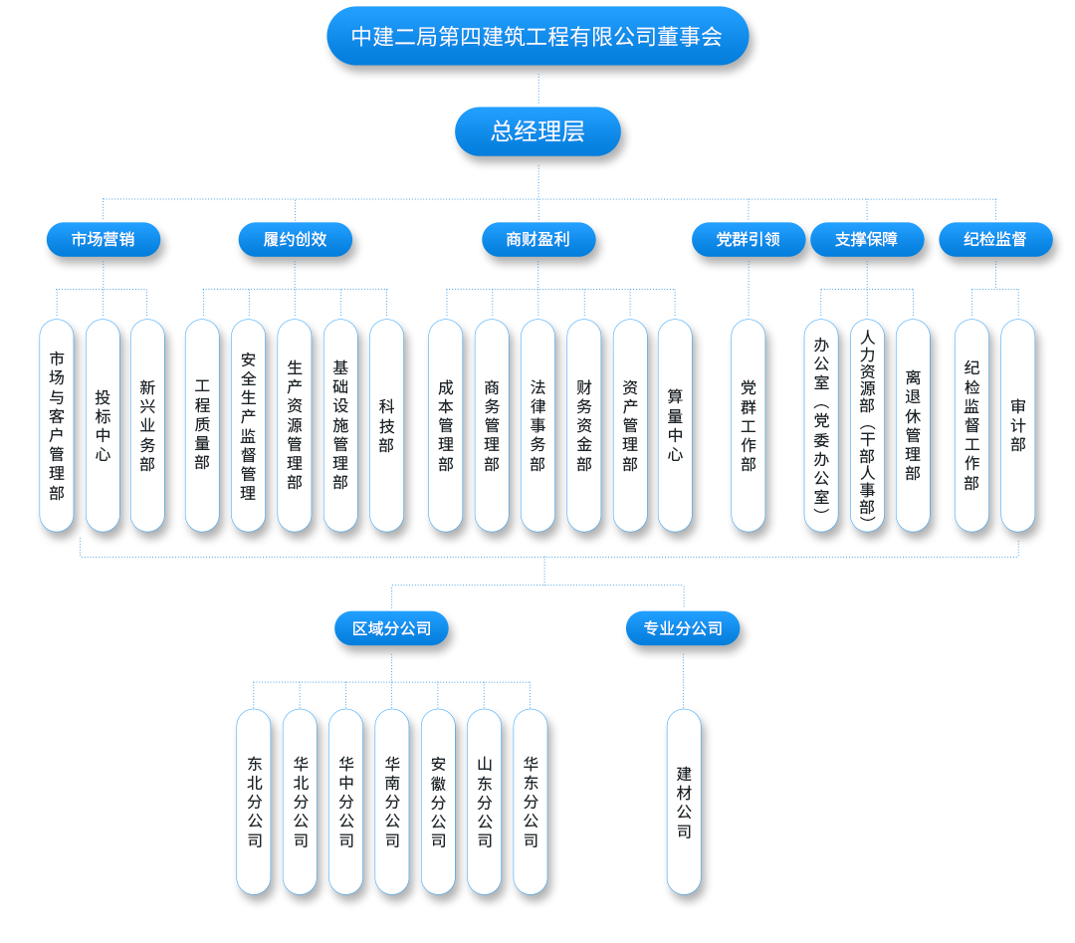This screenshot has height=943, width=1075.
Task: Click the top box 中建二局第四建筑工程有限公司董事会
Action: point(537,37)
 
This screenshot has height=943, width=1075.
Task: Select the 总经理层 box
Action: point(537,131)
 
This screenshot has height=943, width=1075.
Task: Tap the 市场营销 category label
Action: point(104,239)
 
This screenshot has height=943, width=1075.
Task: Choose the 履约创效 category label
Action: point(295,239)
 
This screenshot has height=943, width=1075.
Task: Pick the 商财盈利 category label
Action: point(537,239)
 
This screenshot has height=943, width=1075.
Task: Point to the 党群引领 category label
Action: point(748,239)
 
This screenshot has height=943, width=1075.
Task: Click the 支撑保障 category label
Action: point(866,239)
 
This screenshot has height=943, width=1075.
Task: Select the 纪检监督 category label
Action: point(995,239)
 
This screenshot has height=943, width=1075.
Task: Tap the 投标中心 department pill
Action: point(103,425)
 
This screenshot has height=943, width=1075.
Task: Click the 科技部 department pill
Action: point(386,425)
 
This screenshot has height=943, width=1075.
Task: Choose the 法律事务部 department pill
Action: point(537,425)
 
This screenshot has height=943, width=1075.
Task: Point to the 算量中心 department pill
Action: point(675,425)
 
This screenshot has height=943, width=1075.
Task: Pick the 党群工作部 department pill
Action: point(749,425)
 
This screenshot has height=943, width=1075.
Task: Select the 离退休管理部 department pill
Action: point(913,425)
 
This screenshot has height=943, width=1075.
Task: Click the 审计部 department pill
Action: point(1017,425)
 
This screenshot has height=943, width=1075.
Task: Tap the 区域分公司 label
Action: point(391,628)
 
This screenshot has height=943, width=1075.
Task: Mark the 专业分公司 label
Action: point(683,628)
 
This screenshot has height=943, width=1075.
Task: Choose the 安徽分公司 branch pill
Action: point(438,802)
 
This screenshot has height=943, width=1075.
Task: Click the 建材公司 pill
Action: point(684,802)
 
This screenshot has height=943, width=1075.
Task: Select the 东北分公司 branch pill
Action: point(254,802)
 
